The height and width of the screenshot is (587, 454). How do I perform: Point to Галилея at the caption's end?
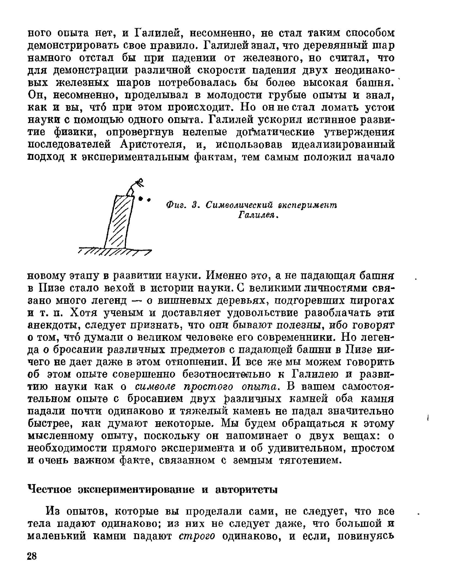pos(258,216)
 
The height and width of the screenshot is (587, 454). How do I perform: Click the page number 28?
pos(32,556)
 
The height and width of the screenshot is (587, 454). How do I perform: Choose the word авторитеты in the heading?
pos(246,489)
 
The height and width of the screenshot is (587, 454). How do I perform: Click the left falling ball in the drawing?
pos(141,199)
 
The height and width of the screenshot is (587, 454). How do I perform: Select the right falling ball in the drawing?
pos(149,200)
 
